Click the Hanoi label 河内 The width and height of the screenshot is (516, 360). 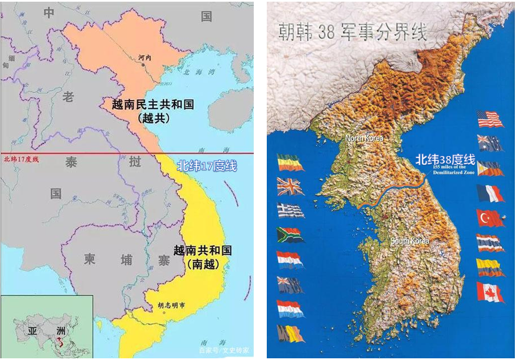click(x=146, y=58)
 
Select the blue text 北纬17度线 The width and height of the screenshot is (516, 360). click(x=206, y=166)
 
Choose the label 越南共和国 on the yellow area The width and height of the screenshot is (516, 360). click(x=203, y=250)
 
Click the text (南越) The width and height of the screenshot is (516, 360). click(x=202, y=264)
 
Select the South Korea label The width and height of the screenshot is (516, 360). click(x=410, y=241)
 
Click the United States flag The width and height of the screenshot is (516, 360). click(x=490, y=119)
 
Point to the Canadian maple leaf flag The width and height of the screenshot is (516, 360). click(x=490, y=292)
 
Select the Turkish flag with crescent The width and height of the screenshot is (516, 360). click(x=490, y=218)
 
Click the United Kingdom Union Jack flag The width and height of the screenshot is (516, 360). click(x=290, y=186)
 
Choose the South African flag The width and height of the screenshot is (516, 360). click(x=290, y=234)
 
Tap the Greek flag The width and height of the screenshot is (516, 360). click(x=290, y=210)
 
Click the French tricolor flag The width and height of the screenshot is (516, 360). click(x=490, y=193)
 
